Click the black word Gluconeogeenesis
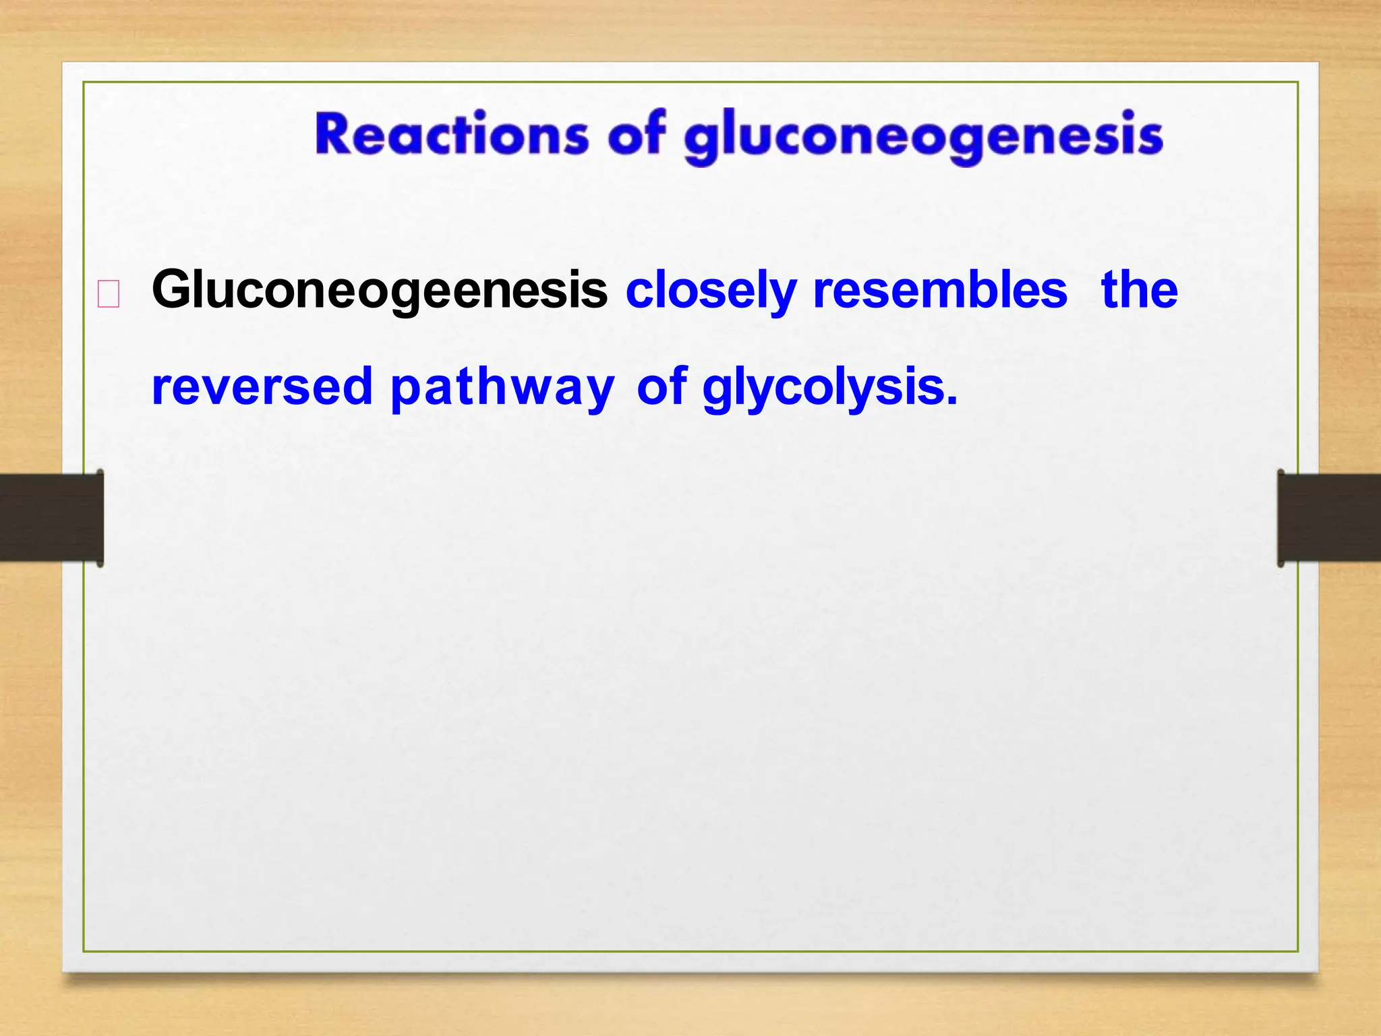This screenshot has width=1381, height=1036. [380, 290]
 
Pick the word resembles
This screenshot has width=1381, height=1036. [940, 290]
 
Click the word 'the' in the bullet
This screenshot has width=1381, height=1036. [1139, 290]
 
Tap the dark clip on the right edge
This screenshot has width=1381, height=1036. [1329, 517]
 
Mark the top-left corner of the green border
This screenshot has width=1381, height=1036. [84, 82]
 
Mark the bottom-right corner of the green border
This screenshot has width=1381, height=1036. [1298, 952]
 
